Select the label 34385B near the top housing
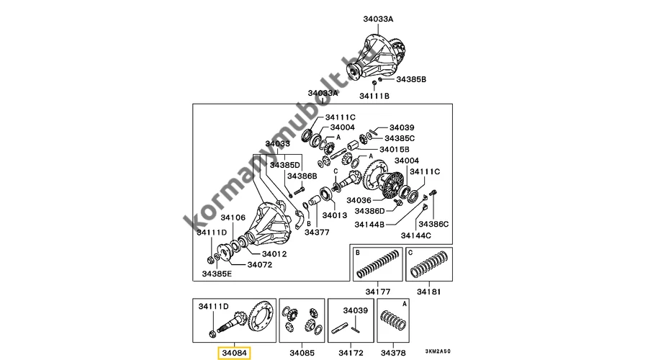tap(412, 78)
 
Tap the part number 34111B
tap(374, 96)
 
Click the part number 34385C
tap(400, 138)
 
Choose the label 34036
tap(359, 199)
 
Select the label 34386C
tap(435, 225)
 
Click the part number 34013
tap(335, 215)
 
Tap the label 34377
tap(317, 232)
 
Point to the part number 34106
tap(233, 217)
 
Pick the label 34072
tap(260, 264)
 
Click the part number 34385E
tap(217, 274)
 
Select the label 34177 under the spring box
tap(377, 292)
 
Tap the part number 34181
tap(431, 292)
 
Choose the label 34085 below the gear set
tap(302, 353)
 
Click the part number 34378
tap(394, 353)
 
